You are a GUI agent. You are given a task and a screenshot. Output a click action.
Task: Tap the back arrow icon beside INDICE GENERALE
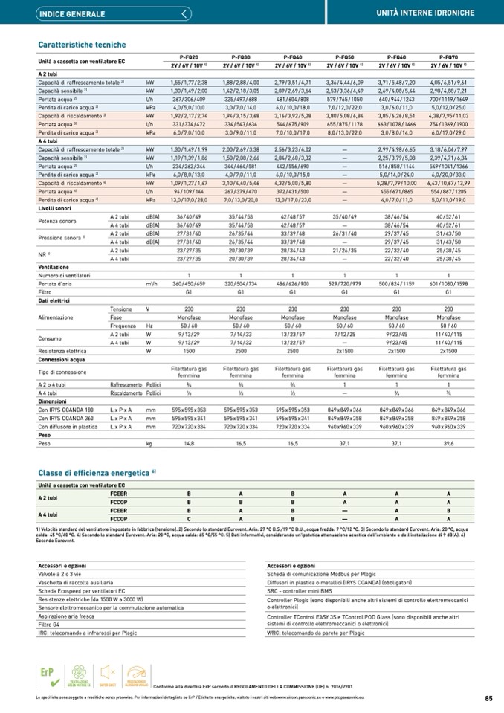(x=185, y=13)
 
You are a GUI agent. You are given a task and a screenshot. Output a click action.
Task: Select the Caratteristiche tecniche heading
(x=83, y=45)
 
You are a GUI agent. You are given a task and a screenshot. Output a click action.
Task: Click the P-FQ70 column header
(x=448, y=57)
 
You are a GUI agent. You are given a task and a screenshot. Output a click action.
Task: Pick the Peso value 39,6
(x=448, y=442)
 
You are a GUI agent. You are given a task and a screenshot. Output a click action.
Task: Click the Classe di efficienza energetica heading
(x=97, y=472)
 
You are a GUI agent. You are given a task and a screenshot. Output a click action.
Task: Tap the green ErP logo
(x=48, y=672)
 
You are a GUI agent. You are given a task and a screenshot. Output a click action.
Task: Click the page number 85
(x=488, y=698)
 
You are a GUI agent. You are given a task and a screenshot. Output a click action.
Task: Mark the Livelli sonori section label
(x=55, y=210)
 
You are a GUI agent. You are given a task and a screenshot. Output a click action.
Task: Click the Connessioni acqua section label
(x=61, y=359)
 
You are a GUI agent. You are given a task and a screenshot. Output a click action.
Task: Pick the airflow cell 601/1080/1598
(x=448, y=283)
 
